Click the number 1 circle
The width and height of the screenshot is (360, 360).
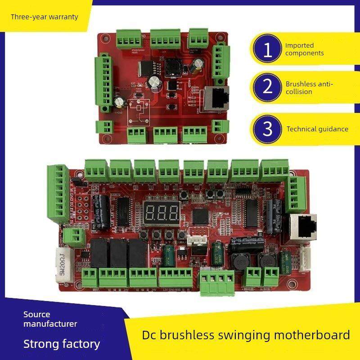pyautogui.click(x=268, y=50)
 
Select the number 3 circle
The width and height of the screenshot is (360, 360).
pyautogui.click(x=268, y=129)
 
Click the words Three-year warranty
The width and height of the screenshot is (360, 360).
pyautogui.click(x=45, y=17)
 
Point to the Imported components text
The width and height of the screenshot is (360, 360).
pyautogui.click(x=304, y=49)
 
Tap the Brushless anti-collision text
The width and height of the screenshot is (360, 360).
pyautogui.click(x=309, y=88)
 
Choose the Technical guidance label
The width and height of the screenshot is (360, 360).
pyautogui.click(x=317, y=129)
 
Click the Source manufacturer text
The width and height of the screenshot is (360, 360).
pyautogui.click(x=50, y=319)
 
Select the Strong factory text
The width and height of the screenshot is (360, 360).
pyautogui.click(x=62, y=344)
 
